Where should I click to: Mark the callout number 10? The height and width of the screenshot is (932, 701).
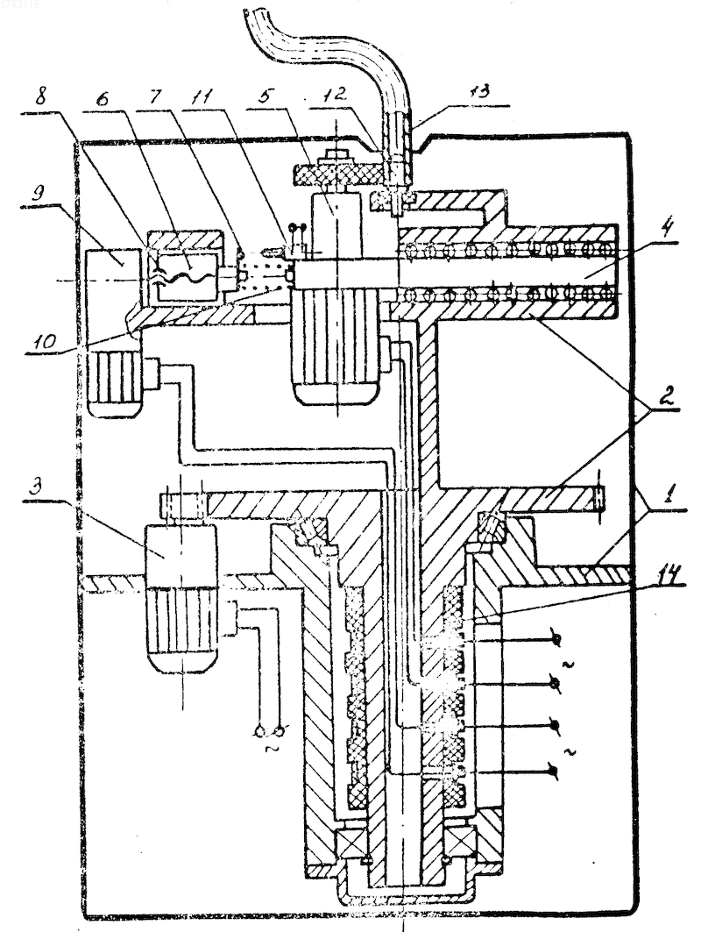pos(46,342)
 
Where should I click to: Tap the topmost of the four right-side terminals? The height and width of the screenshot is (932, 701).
pos(556,639)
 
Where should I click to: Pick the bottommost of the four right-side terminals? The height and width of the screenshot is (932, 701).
pos(555,772)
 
